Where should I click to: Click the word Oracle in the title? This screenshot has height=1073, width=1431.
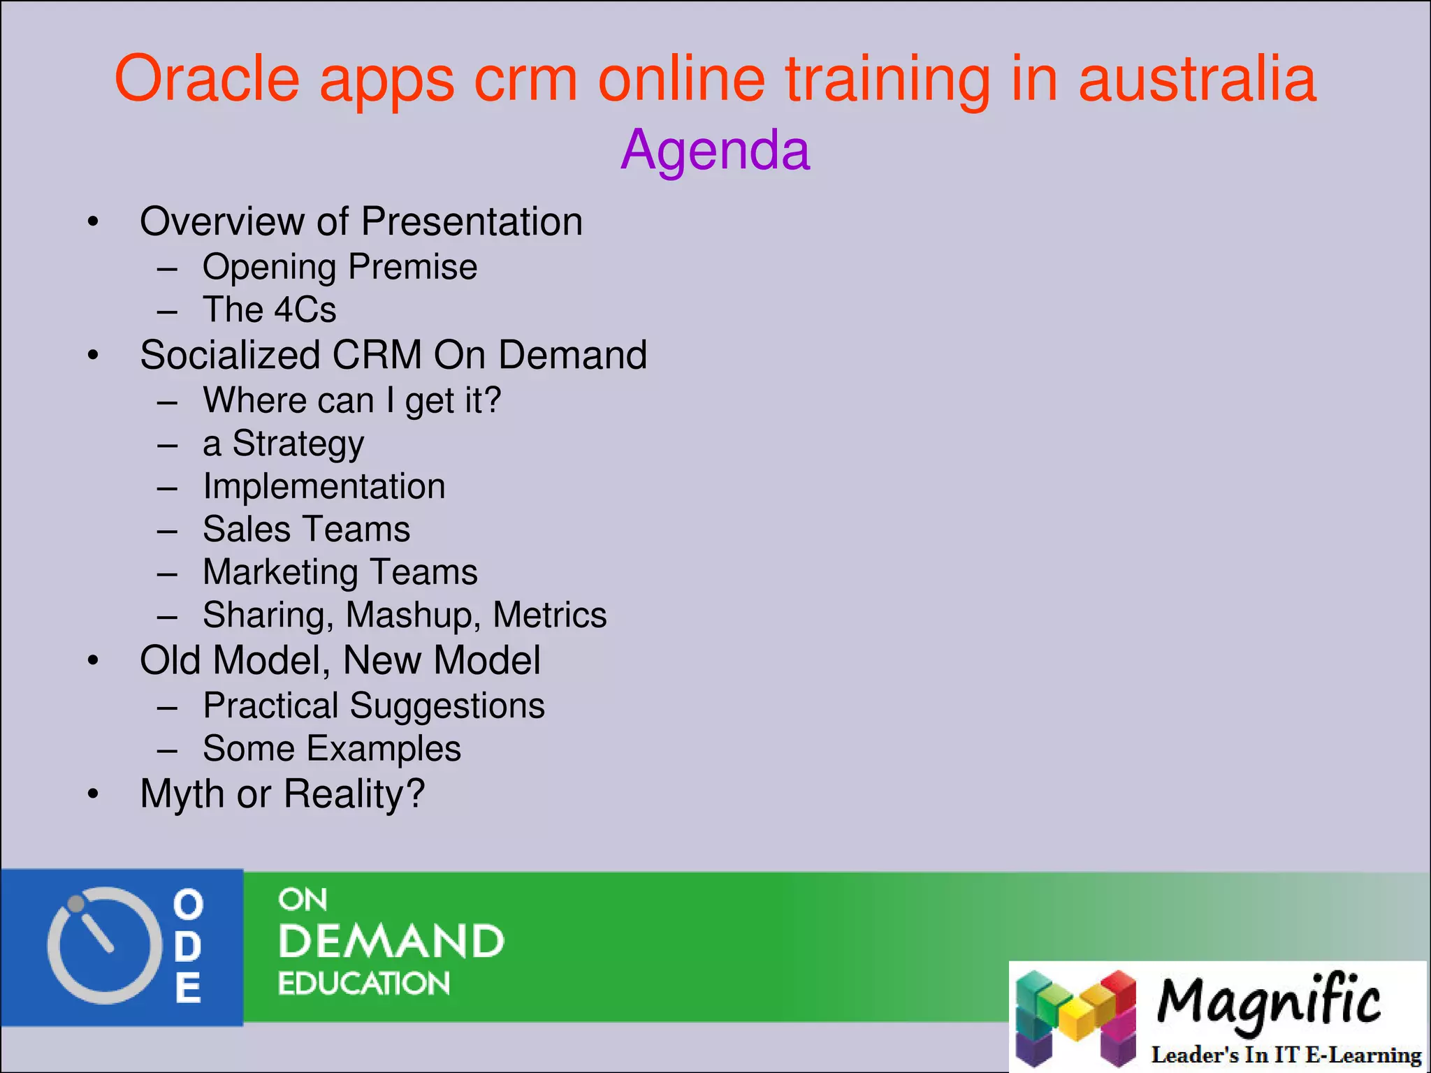[x=207, y=78]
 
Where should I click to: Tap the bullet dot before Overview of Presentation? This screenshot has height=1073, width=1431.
[x=93, y=222]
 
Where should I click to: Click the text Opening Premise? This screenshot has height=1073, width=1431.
[x=340, y=267]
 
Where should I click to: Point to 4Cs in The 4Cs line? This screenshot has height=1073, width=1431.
[x=305, y=309]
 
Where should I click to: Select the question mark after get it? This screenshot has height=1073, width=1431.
[x=492, y=400]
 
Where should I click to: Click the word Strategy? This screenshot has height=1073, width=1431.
[x=298, y=444]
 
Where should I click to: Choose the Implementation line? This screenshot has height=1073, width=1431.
[x=324, y=486]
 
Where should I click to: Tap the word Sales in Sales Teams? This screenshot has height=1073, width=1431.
[x=246, y=530]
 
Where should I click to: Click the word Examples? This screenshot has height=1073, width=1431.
[x=383, y=749]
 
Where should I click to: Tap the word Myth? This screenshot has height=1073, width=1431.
[x=182, y=794]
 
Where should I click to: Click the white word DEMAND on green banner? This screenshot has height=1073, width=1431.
[x=391, y=942]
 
